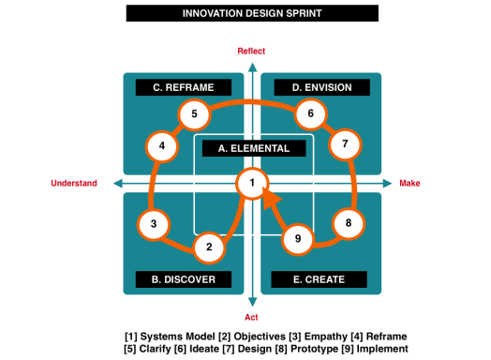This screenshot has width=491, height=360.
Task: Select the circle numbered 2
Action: coord(209,248)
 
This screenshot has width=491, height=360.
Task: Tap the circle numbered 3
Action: coord(154,225)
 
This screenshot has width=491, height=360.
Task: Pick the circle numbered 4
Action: coord(162,146)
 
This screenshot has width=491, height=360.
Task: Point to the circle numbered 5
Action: coord(194,116)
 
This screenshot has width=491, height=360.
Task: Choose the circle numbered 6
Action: coord(310,114)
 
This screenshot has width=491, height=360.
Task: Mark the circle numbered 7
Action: coord(345,144)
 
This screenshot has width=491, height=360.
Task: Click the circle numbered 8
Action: coord(349,224)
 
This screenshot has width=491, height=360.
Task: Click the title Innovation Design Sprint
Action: coord(251,13)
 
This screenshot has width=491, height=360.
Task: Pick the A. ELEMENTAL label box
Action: coord(254,148)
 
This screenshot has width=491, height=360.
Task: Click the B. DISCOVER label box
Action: coord(183,279)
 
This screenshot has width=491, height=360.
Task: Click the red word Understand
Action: coord(73,184)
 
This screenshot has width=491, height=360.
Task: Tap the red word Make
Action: coord(409,184)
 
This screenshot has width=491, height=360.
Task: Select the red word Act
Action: coord(251,317)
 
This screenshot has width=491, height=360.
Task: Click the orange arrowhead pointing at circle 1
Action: coord(271,199)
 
